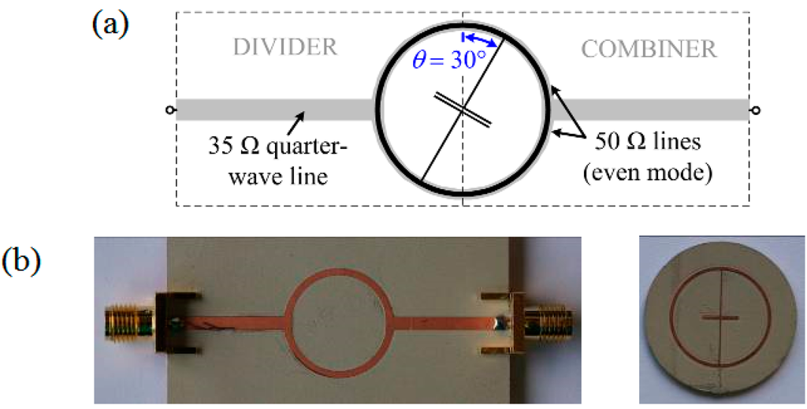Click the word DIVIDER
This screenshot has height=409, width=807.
pyautogui.click(x=284, y=48)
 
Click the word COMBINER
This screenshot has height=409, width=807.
pyautogui.click(x=649, y=49)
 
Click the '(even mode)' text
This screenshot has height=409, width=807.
pyautogui.click(x=653, y=173)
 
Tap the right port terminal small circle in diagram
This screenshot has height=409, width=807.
pyautogui.click(x=756, y=110)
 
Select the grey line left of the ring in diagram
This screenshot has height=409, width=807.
pyautogui.click(x=276, y=110)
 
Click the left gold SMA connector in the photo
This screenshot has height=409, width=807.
pyautogui.click(x=126, y=323)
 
